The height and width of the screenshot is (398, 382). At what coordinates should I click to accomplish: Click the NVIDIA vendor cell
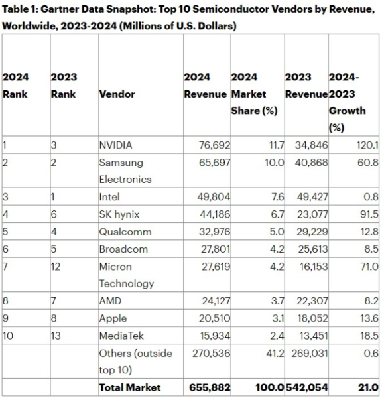click(115, 145)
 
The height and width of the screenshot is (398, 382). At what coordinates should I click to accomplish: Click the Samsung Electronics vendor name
click(125, 170)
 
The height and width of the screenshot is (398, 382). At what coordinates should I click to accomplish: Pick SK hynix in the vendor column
click(119, 214)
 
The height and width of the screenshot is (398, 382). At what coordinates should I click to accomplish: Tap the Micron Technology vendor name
click(127, 275)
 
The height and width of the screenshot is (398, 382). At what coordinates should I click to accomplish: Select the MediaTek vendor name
click(121, 335)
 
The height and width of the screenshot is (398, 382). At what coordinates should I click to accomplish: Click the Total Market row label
click(130, 387)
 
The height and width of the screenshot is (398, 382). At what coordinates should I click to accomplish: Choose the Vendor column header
click(117, 94)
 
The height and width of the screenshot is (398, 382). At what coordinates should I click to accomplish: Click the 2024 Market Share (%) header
click(254, 94)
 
